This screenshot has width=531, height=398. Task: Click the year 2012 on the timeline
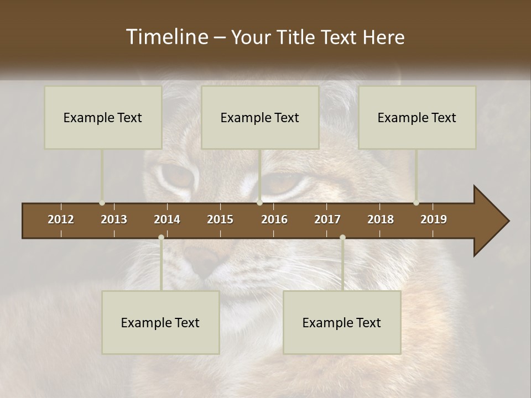[61, 219]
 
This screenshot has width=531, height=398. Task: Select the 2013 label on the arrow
[114, 219]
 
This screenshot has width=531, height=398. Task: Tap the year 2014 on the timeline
[167, 219]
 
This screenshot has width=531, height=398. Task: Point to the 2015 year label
[220, 219]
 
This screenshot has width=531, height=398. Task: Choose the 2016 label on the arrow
[274, 219]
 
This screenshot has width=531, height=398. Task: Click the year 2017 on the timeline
[327, 219]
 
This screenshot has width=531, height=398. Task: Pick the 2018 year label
[381, 219]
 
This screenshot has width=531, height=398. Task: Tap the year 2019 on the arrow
[434, 219]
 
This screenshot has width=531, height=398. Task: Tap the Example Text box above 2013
[103, 117]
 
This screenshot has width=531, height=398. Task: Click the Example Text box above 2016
[260, 117]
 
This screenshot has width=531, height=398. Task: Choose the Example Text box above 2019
[417, 117]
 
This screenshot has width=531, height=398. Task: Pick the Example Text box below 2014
[160, 322]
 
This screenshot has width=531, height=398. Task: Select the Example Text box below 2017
[342, 322]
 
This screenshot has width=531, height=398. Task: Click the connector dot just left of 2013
[102, 203]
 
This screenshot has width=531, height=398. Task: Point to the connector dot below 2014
[161, 238]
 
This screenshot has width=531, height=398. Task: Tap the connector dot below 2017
[342, 238]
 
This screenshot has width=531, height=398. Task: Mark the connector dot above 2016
[259, 203]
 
